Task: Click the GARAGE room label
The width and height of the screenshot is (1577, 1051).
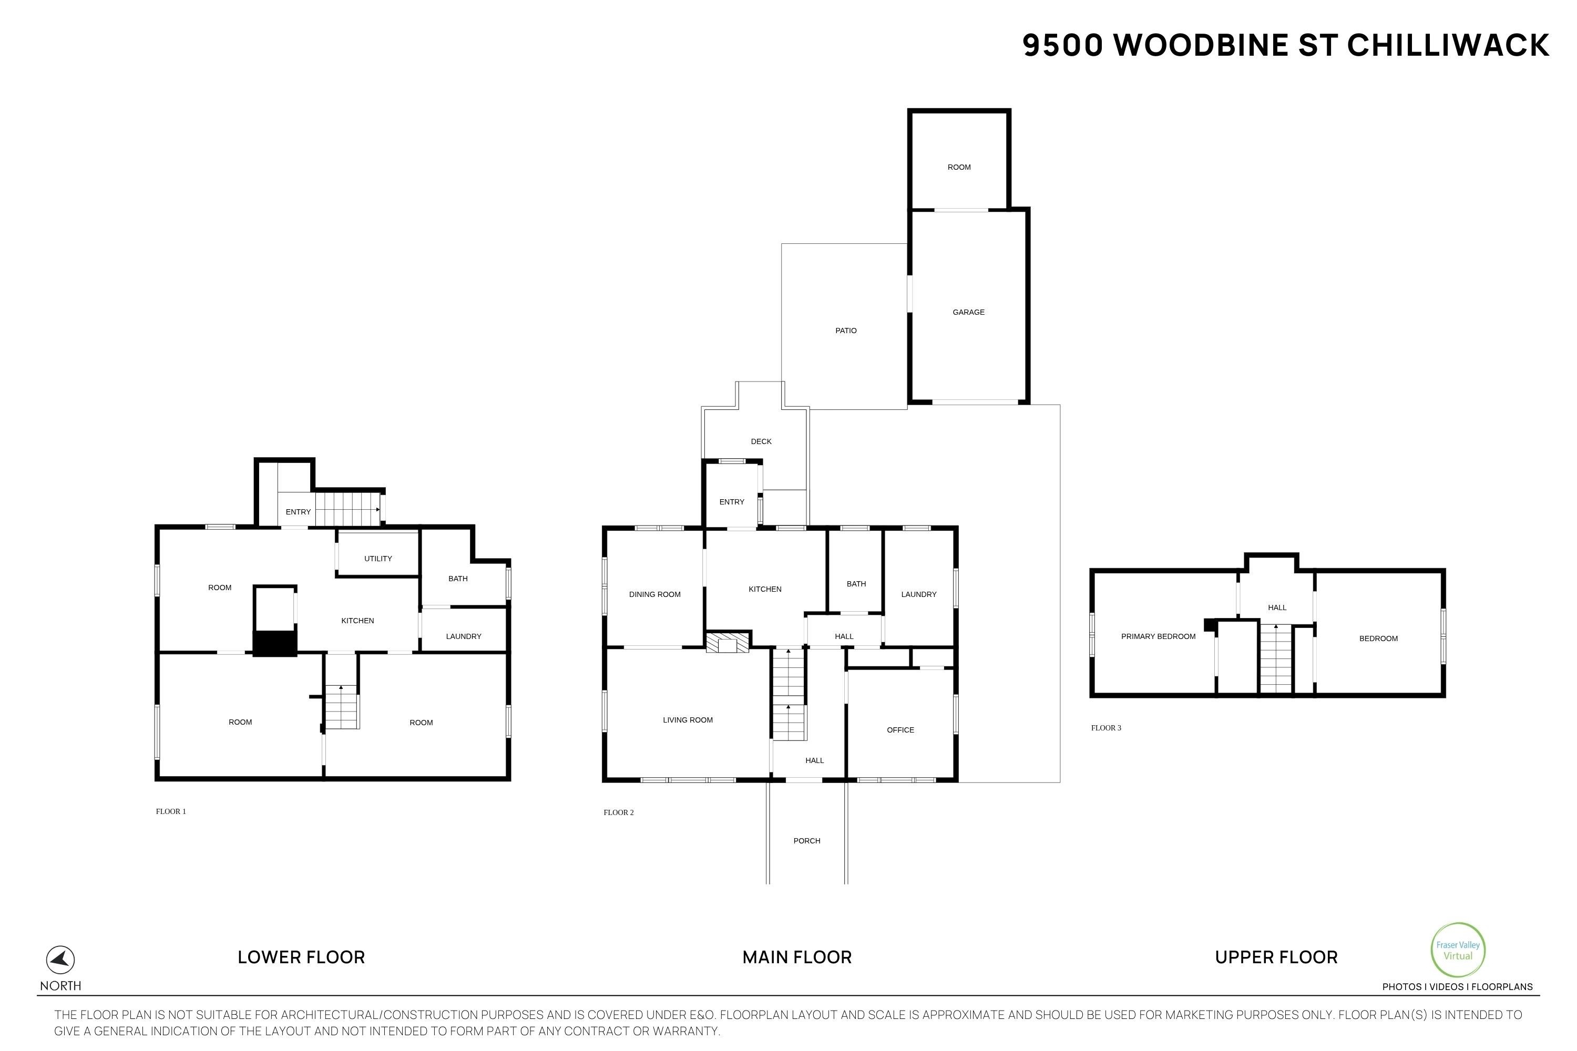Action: click(x=968, y=312)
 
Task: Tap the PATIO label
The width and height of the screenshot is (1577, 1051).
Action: click(x=845, y=331)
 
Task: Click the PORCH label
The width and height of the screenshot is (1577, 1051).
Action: click(x=806, y=840)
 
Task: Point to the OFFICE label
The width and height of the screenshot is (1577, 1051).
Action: click(x=900, y=730)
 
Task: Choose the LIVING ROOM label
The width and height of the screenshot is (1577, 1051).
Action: click(x=687, y=720)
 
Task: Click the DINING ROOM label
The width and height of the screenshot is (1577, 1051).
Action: click(x=654, y=594)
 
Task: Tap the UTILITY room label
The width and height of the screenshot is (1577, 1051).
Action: click(x=378, y=558)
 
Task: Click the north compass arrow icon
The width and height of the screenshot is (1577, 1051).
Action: click(x=60, y=960)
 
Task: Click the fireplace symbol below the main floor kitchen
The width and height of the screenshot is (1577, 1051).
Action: click(x=728, y=643)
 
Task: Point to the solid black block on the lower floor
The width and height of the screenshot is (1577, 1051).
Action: click(x=275, y=643)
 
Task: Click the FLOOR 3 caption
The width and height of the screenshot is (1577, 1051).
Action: click(x=1105, y=728)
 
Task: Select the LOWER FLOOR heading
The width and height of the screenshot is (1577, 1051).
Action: click(x=301, y=957)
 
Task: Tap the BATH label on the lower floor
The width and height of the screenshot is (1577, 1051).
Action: click(x=458, y=579)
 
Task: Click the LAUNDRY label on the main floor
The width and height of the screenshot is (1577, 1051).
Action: click(x=918, y=594)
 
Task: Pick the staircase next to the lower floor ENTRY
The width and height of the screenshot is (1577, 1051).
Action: click(x=347, y=509)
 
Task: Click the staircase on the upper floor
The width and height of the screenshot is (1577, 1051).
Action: click(x=1275, y=659)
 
